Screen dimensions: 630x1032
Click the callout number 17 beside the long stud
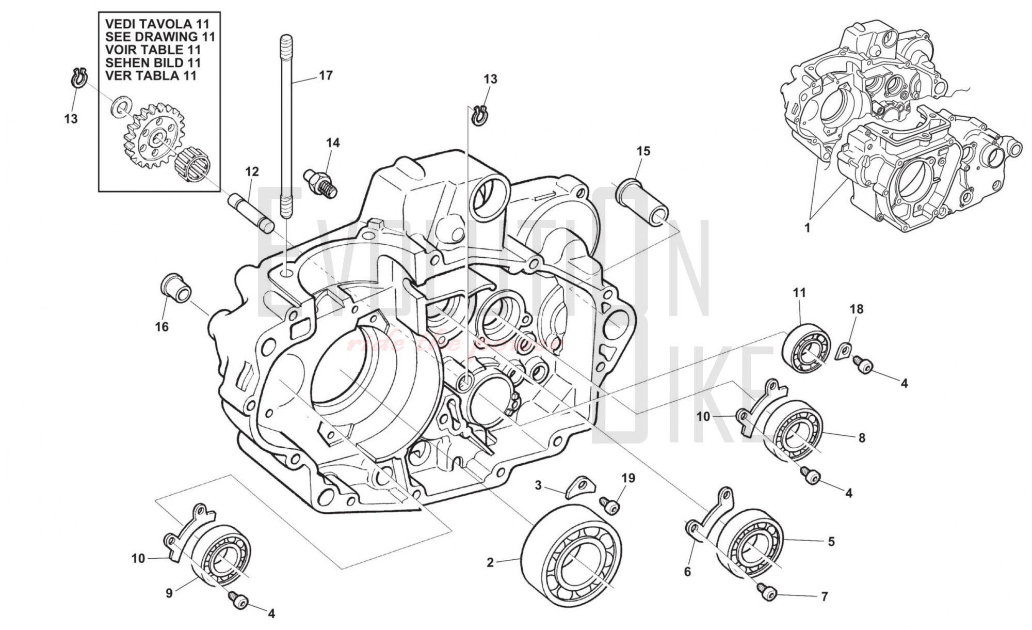(x=326, y=75)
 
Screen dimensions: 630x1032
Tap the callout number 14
(x=333, y=143)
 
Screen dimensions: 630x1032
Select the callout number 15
(x=643, y=151)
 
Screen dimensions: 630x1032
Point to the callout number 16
(x=162, y=327)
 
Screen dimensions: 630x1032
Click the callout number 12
(x=252, y=171)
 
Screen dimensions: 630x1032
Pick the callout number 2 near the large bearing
(x=490, y=562)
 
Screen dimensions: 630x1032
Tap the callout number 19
(x=628, y=478)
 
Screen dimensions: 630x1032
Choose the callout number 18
(x=857, y=309)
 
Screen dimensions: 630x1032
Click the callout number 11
(x=799, y=293)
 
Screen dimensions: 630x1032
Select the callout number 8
(x=862, y=438)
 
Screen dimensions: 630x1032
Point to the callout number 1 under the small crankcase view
(x=808, y=227)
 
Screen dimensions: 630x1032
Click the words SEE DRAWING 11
(x=159, y=37)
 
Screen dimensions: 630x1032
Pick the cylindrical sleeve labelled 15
(x=644, y=202)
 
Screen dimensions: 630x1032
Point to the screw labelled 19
(x=609, y=506)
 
